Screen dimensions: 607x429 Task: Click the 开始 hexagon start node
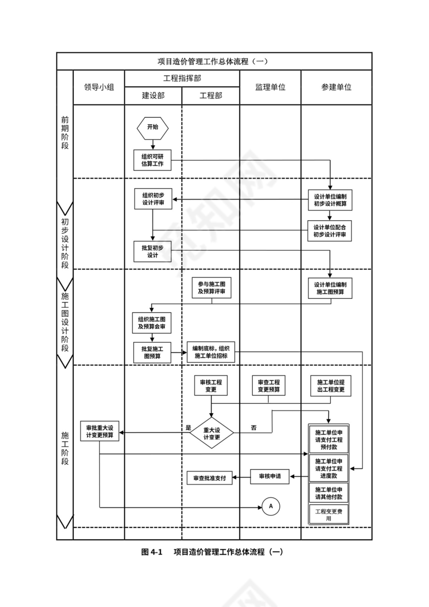[x=152, y=127]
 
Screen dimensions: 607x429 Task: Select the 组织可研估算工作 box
[x=152, y=160]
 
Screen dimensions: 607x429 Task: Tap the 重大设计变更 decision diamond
[x=211, y=433]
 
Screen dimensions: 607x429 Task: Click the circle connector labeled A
[x=270, y=506]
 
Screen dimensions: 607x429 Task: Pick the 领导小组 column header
[x=99, y=87]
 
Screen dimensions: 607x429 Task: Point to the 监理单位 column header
[x=270, y=87]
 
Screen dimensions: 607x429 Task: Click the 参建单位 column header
[x=336, y=87]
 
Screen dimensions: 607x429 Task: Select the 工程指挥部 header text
[x=182, y=78]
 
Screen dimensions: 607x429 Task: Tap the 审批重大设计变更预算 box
[x=100, y=432]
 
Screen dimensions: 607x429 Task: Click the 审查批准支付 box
[x=209, y=478]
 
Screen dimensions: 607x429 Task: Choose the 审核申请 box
[x=270, y=476]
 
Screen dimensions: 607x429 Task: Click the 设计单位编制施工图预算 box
[x=330, y=289]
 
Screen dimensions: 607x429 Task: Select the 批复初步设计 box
[x=152, y=251]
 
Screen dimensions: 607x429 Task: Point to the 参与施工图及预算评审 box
[x=211, y=289]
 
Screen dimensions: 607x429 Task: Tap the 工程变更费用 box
[x=329, y=514]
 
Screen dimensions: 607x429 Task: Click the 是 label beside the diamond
[x=188, y=428]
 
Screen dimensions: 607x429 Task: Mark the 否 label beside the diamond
[x=253, y=428]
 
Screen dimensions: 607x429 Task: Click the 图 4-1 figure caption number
[x=152, y=552]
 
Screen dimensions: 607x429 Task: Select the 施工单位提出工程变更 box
[x=331, y=386]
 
